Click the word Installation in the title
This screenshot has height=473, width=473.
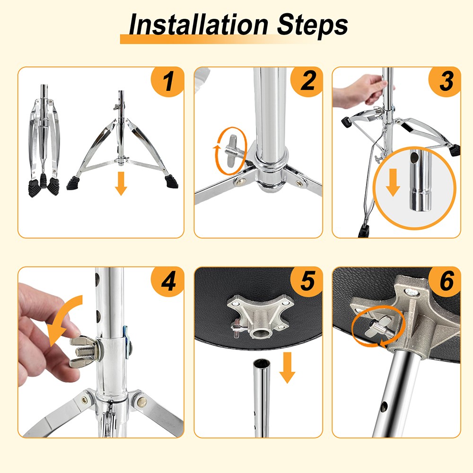pyautogui.click(x=199, y=24)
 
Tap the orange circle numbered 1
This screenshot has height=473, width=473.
pyautogui.click(x=168, y=81)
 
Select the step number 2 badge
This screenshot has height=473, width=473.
pyautogui.click(x=307, y=81)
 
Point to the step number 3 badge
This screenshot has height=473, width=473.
pyautogui.click(x=445, y=81)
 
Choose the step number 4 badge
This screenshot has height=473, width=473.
pyautogui.click(x=168, y=281)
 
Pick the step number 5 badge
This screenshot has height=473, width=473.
pyautogui.click(x=307, y=281)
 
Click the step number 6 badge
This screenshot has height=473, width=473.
pyautogui.click(x=445, y=281)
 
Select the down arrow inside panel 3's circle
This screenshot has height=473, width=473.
pyautogui.click(x=393, y=183)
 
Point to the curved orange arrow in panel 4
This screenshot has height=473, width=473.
pyautogui.click(x=63, y=320)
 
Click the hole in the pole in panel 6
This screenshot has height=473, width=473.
pyautogui.click(x=384, y=407)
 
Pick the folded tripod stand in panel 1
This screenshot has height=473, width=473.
pyautogui.click(x=44, y=140)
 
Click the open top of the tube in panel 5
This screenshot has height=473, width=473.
pyautogui.click(x=262, y=363)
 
